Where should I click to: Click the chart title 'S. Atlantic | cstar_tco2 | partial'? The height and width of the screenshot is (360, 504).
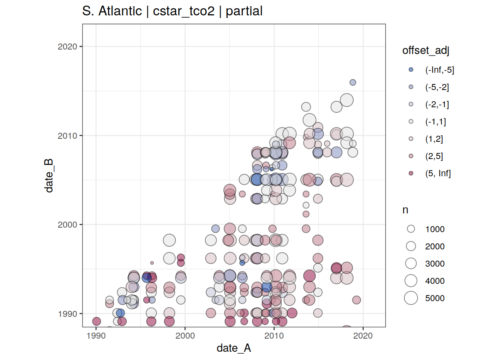(x=172, y=11)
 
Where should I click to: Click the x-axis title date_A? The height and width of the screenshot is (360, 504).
(x=234, y=348)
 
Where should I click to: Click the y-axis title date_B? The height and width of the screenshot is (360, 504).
(x=49, y=175)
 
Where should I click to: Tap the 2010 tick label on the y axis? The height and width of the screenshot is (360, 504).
(x=67, y=136)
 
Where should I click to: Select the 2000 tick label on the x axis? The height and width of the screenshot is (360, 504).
(x=185, y=336)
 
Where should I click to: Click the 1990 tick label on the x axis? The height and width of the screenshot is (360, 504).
(x=96, y=336)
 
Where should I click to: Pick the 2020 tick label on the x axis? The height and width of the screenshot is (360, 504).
(x=363, y=336)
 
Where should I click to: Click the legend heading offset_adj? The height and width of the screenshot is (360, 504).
(x=426, y=50)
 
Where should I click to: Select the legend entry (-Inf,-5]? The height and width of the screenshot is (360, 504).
(x=439, y=70)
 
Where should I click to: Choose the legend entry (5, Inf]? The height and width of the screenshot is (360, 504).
(x=438, y=173)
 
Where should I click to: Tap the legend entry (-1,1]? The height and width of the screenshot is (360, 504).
(x=435, y=121)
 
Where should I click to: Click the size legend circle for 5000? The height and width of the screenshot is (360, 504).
(x=411, y=298)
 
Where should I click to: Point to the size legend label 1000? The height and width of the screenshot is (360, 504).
(x=435, y=229)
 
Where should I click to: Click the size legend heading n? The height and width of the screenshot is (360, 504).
(x=405, y=210)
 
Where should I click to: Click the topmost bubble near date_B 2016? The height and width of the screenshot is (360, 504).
(x=353, y=82)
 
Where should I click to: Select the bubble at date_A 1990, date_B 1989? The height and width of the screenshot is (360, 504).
(x=96, y=321)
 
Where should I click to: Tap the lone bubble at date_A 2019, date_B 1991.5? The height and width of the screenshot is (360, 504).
(x=357, y=300)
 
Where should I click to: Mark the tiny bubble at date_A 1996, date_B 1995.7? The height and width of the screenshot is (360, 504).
(x=152, y=263)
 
